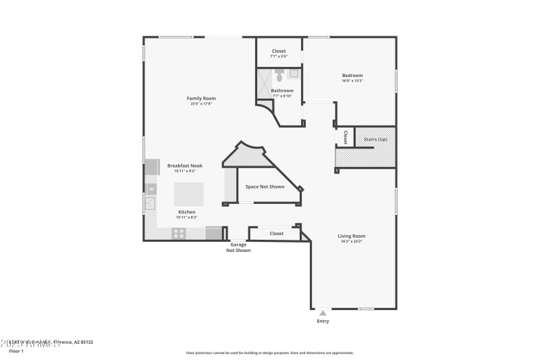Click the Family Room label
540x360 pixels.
201,99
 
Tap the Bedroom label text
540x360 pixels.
352,75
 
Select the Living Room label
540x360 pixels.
351,236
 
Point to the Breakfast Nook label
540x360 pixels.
185,165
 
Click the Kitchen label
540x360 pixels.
186,211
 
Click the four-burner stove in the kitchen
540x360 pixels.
179,233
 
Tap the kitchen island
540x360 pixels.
189,194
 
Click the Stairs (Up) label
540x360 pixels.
375,138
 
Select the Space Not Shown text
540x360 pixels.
265,186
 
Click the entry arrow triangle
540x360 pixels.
323,313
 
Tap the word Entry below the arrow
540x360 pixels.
323,322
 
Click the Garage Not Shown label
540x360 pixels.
238,248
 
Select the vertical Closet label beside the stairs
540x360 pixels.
345,137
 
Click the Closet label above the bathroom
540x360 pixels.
279,51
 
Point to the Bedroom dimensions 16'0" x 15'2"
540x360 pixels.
352,81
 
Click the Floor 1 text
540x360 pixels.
16,351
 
